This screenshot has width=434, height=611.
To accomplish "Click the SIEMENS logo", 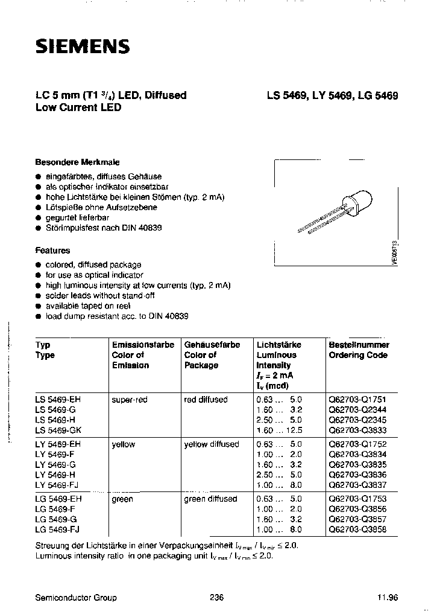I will (x=83, y=46).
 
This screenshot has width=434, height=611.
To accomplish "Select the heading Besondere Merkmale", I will (x=77, y=162).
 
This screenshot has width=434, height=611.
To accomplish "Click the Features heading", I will (x=52, y=250).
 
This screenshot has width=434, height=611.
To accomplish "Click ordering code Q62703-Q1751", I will (x=357, y=400).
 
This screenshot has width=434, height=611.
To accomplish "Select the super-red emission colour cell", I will (x=129, y=400).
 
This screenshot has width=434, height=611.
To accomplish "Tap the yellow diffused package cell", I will (x=212, y=444).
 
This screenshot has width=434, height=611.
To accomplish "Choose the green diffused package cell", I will (x=210, y=499).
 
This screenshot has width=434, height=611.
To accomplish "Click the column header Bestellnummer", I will (x=359, y=345).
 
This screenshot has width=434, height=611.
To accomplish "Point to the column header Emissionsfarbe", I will (x=143, y=345).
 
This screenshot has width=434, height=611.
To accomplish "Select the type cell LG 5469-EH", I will (x=59, y=499).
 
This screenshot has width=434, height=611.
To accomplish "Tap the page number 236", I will (x=216, y=597).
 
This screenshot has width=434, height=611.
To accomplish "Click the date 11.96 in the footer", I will (x=388, y=597).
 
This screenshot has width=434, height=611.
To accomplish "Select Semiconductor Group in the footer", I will (x=77, y=597).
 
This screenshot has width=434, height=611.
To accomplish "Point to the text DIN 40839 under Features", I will (x=167, y=316).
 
